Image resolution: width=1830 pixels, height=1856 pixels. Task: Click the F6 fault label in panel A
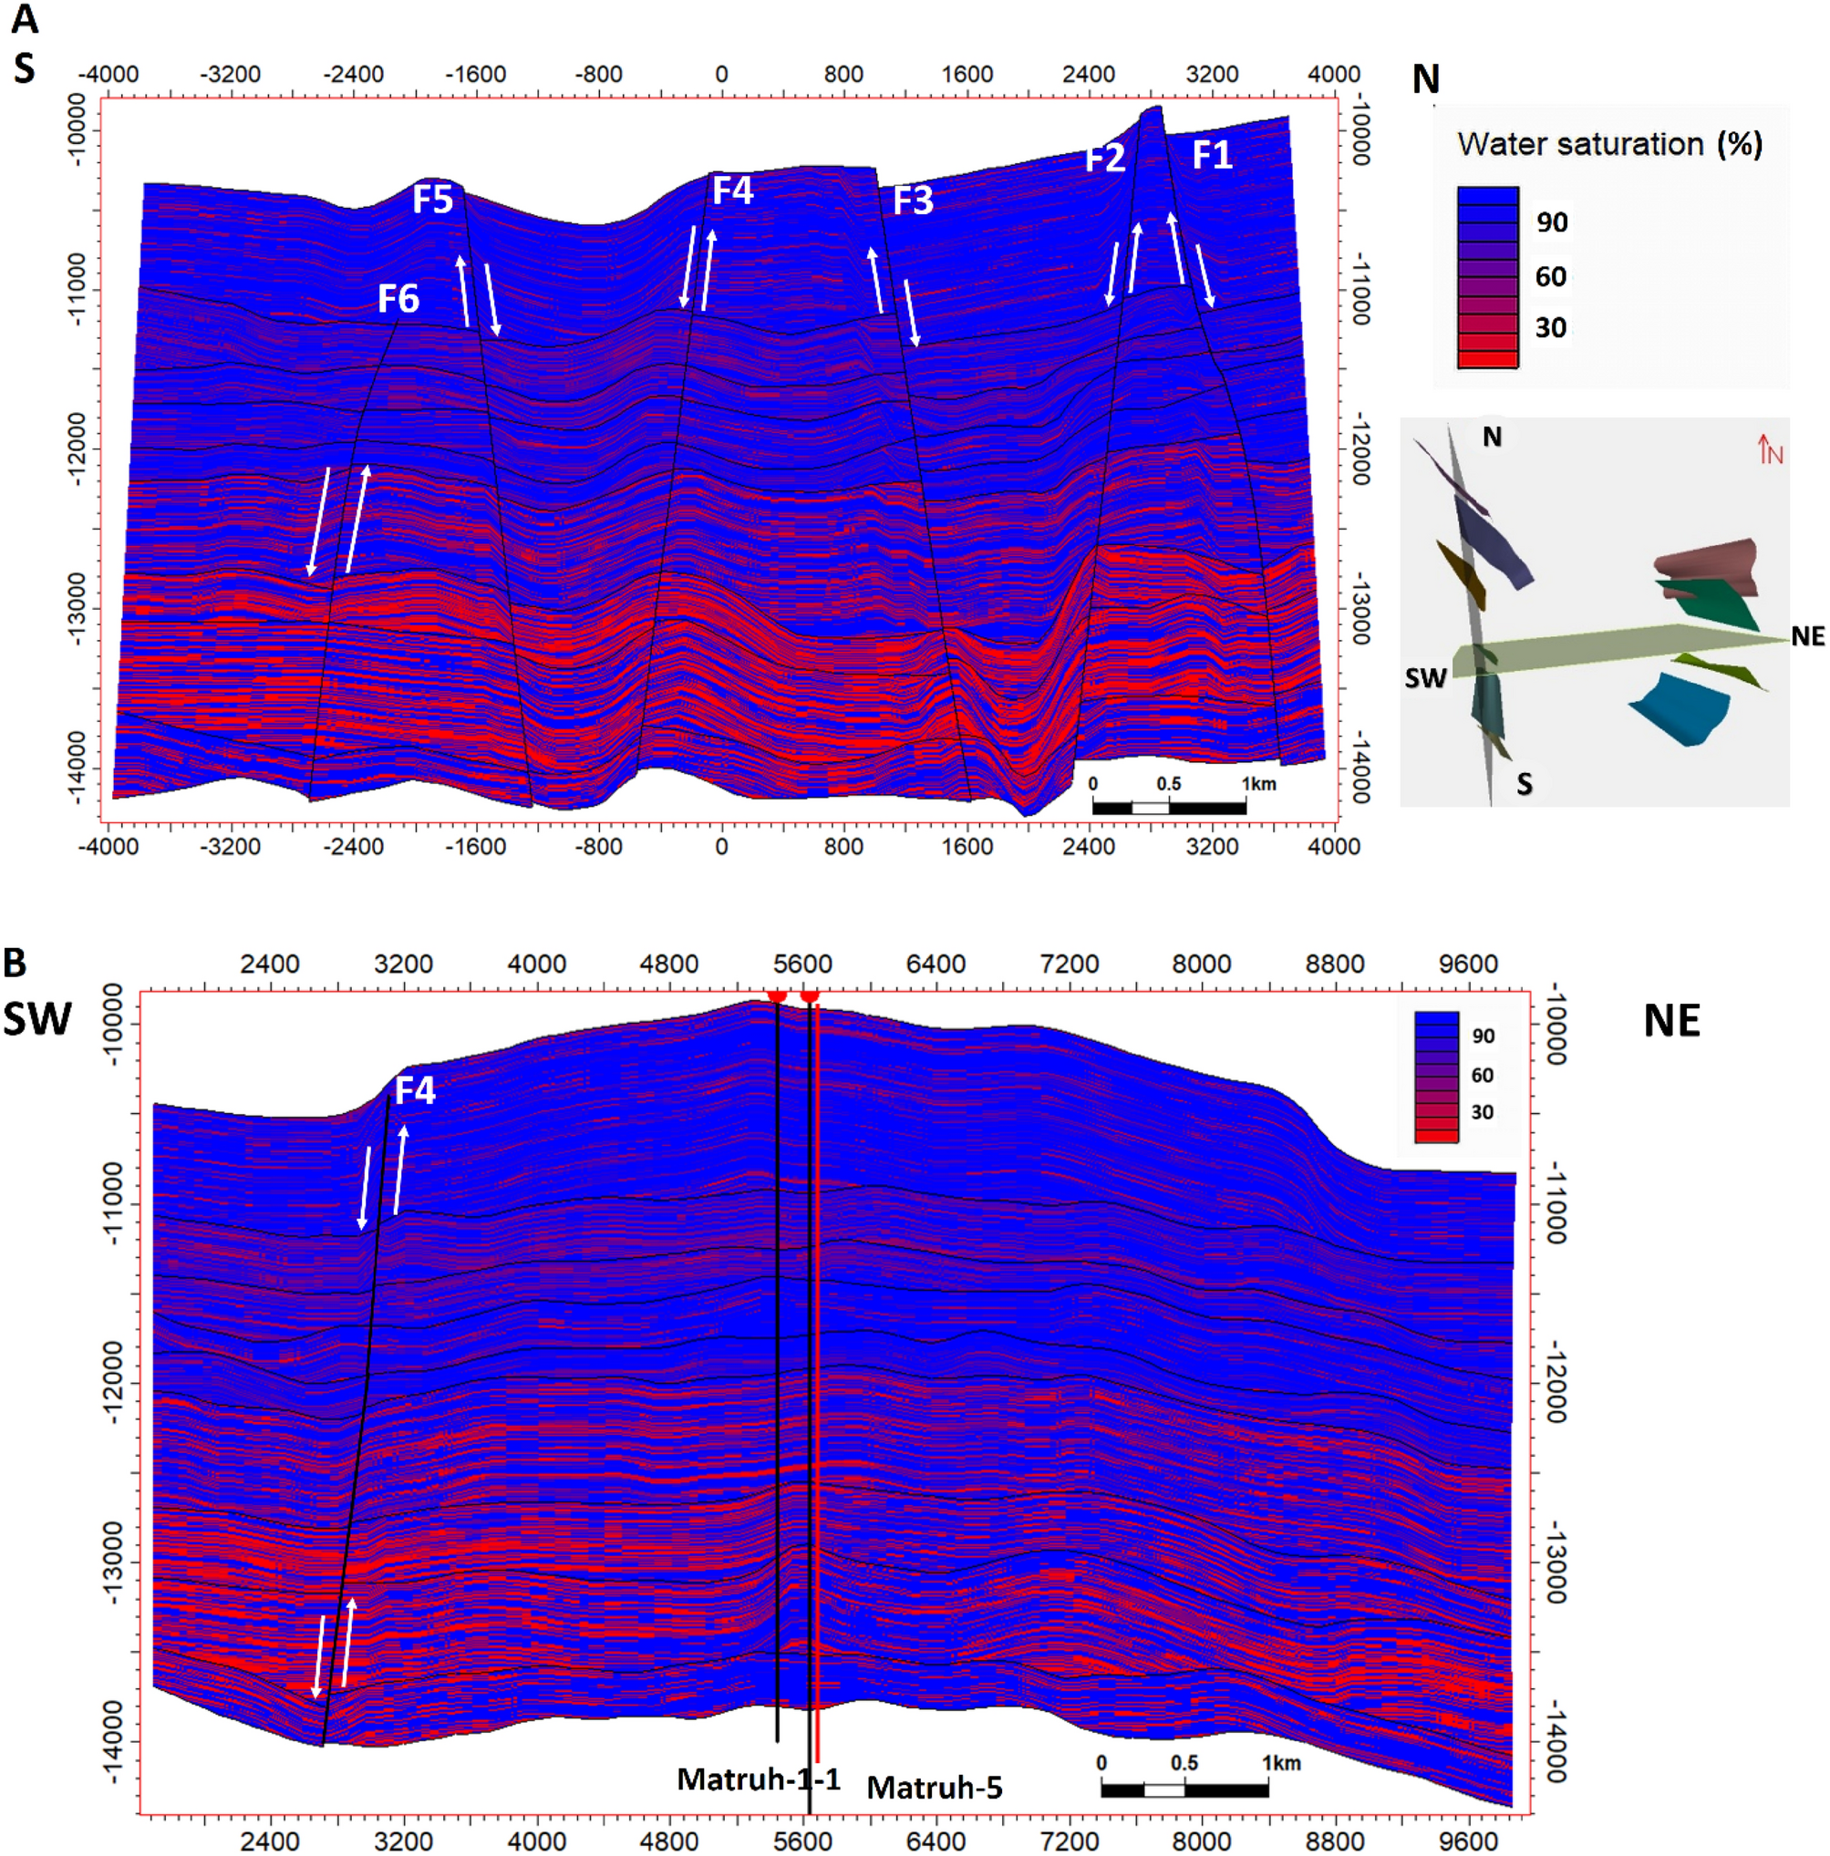[398, 299]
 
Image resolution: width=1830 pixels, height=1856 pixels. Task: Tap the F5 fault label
[432, 200]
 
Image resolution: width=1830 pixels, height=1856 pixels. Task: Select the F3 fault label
[912, 201]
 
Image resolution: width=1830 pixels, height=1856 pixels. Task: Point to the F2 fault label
[1104, 159]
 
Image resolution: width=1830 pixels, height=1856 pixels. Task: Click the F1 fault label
[1212, 155]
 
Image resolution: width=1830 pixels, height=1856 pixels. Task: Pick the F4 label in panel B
[415, 1090]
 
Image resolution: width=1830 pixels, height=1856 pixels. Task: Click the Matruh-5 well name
[935, 1788]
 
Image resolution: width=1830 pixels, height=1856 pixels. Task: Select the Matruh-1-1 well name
[759, 1779]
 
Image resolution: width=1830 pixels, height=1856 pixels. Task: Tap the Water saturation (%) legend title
[1610, 144]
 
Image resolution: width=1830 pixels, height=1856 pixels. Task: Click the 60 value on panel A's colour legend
[1551, 277]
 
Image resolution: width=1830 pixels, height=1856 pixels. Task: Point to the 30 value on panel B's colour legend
[1482, 1112]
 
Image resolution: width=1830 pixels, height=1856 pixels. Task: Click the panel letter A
[25, 19]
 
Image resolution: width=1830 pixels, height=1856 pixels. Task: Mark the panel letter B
[16, 963]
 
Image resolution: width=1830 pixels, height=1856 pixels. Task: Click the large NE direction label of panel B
[1671, 1020]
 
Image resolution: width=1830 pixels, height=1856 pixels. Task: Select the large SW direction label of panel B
[36, 1018]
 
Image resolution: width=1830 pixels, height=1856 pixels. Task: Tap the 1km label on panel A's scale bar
[1258, 784]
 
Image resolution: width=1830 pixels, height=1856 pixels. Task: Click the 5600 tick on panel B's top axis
[802, 964]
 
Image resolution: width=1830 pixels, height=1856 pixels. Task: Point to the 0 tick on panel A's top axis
[721, 74]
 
